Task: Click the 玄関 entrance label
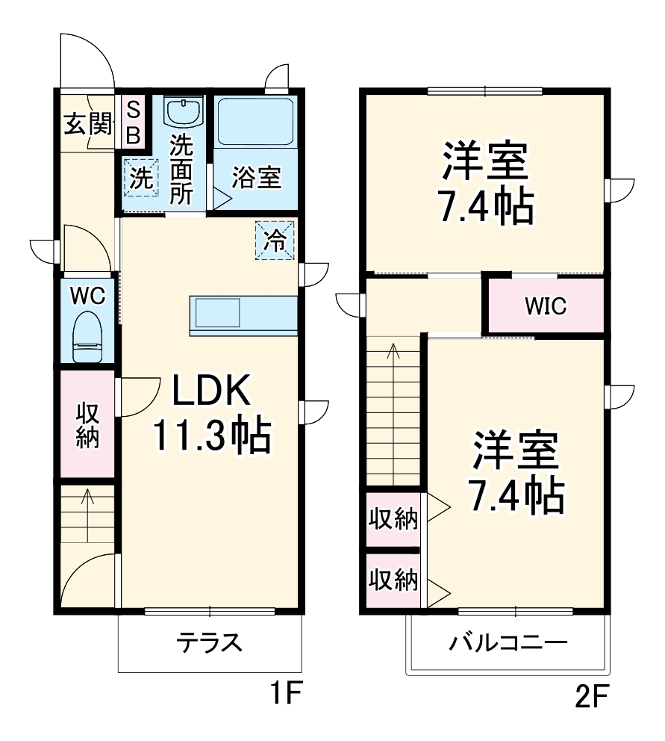click(x=87, y=124)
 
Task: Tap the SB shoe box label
click(x=133, y=123)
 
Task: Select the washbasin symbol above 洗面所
click(x=183, y=113)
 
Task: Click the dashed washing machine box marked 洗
click(x=141, y=178)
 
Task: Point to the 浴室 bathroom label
click(x=256, y=178)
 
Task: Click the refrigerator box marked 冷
click(x=275, y=241)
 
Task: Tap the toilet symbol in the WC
click(x=87, y=337)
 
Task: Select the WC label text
click(x=87, y=295)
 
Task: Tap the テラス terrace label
click(x=209, y=642)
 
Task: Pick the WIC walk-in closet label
click(x=545, y=306)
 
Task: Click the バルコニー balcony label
click(x=508, y=642)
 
